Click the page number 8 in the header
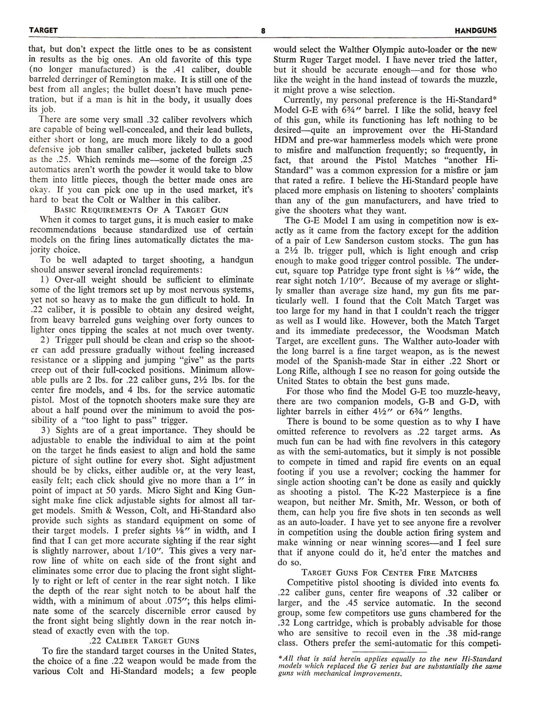coord(263,31)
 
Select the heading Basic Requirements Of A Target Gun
coord(141,210)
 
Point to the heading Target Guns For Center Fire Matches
coord(389,573)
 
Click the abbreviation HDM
coord(285,140)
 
